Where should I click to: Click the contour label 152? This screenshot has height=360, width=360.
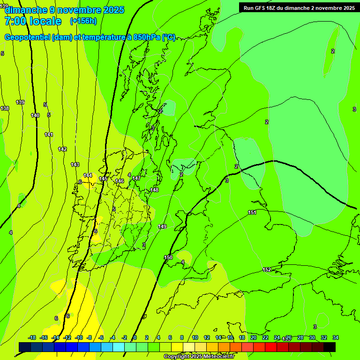(267, 270)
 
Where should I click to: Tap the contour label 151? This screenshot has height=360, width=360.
(252, 213)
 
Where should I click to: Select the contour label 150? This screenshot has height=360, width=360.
(168, 258)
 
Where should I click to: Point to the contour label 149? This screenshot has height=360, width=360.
(162, 227)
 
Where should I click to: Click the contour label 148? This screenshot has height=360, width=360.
(154, 190)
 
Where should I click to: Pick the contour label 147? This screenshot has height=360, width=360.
(136, 179)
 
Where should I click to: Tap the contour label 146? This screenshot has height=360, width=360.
(120, 181)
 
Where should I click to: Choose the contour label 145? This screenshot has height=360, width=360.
(104, 179)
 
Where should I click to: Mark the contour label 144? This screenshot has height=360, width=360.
(88, 175)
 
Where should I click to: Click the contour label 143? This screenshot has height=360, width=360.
(75, 165)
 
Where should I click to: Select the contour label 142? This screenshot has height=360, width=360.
(62, 149)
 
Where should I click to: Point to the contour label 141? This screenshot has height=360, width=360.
(49, 135)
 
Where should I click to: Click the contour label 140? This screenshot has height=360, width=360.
(35, 115)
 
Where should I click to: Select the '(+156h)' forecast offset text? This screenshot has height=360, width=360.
(83, 21)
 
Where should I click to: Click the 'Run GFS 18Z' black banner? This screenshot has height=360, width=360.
(299, 7)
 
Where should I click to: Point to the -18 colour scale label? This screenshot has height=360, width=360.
(32, 337)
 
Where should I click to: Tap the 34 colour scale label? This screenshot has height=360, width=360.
(336, 337)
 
